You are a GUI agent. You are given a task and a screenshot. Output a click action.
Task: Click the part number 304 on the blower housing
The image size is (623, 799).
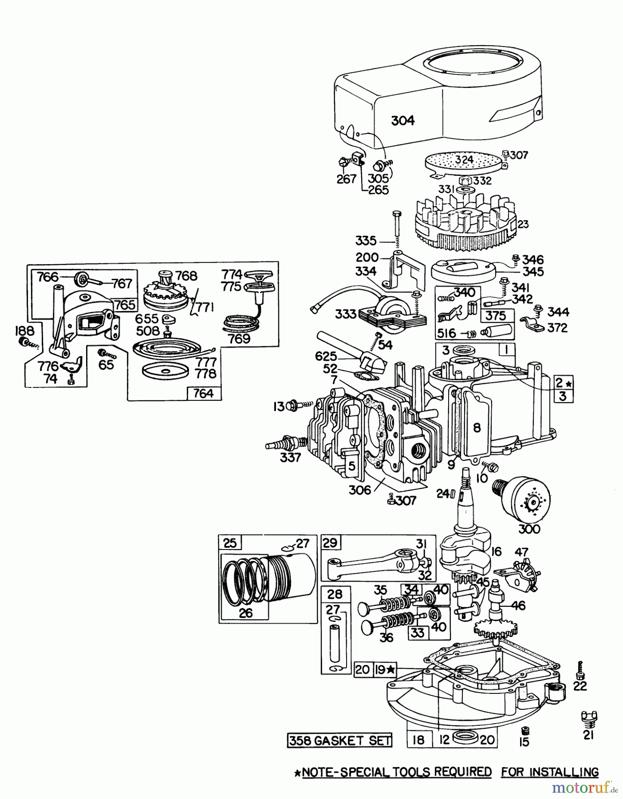403,120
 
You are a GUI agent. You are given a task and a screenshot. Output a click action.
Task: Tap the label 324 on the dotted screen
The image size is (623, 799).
464,159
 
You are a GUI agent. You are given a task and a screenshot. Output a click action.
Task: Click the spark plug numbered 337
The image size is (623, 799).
284,444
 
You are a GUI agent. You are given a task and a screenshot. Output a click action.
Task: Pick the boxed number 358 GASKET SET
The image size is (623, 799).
340,740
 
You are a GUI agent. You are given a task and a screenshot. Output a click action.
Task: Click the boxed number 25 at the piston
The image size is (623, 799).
230,543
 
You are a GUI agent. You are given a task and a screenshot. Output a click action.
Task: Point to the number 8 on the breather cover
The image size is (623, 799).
477,427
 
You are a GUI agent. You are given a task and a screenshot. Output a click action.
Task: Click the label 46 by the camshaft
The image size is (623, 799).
518,605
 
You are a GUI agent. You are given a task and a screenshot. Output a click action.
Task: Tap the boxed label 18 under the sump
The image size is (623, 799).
418,740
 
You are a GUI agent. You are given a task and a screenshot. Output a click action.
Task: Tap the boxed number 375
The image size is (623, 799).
496,316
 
